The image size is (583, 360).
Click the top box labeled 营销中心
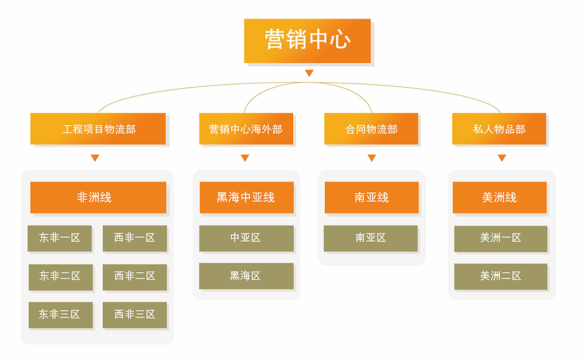[307, 41]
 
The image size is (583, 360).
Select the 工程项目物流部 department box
[98, 129]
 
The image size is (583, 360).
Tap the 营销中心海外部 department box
[246, 129]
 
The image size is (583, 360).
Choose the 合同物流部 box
[371, 129]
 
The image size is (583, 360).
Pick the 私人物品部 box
[499, 129]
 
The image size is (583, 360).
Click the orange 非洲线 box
[98, 198]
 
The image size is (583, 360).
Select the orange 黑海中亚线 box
[247, 198]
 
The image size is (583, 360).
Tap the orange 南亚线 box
[372, 198]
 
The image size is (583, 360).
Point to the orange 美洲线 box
[500, 198]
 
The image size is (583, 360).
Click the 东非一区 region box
[60, 238]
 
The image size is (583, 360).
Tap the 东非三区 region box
[61, 315]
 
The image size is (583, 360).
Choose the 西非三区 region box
[135, 315]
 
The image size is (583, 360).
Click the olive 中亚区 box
[247, 238]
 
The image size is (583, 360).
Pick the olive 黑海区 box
[246, 276]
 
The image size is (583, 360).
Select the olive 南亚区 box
[371, 238]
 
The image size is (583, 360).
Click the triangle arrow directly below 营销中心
[309, 73]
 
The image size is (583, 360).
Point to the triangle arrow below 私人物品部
[502, 158]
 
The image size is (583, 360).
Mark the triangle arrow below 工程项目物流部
[95, 158]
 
